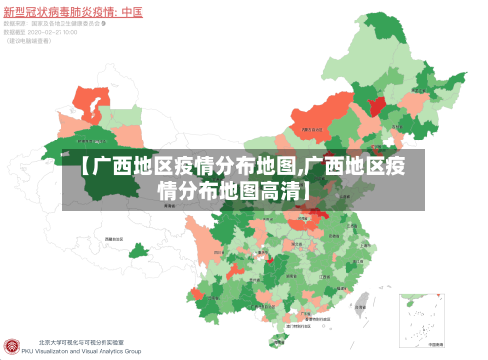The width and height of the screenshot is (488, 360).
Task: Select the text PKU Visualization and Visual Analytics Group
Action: click(89, 351)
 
